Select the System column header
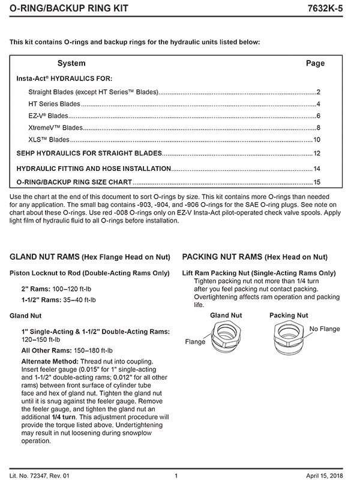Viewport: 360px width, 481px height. tap(71, 63)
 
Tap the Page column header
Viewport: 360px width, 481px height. tap(315, 63)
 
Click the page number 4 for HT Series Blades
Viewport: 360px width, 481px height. tap(318, 104)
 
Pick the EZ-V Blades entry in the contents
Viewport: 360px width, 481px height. tap(49, 116)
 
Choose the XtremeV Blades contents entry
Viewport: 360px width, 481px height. tap(55, 128)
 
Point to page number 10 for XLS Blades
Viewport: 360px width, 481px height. tap(317, 140)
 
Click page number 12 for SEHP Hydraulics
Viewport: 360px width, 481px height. tap(317, 154)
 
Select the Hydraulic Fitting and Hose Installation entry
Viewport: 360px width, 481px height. tap(94, 169)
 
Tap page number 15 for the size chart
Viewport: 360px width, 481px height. tap(317, 182)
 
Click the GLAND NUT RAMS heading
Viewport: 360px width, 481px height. tap(44, 257)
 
